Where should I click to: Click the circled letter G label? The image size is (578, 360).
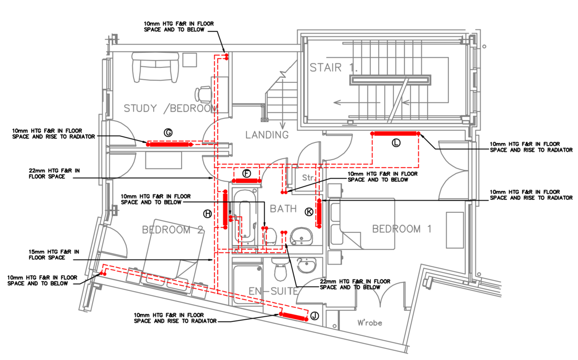coord(168,132)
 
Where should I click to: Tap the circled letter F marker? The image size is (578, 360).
coord(247,174)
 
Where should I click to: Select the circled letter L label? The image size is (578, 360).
coord(396,142)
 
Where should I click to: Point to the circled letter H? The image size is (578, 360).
coord(208,214)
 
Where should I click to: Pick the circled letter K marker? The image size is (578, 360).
coord(309,212)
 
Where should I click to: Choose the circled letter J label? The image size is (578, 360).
coord(314,316)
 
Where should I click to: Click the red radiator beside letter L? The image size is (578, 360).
coord(395,134)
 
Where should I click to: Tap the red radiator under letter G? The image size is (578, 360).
coord(169,144)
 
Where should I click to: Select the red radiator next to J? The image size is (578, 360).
coord(293,317)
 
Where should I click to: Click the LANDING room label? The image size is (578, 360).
coord(267,135)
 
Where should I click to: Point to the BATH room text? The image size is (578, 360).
coord(283,208)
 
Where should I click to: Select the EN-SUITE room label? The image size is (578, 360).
coord(273,291)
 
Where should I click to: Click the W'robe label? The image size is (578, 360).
coord(369,322)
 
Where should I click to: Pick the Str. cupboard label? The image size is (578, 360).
coord(309,178)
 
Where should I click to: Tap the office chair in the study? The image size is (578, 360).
coord(203,94)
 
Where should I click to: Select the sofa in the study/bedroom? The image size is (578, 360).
coord(156,67)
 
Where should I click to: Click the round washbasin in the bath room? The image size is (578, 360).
coord(302,236)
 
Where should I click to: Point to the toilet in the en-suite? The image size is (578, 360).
coord(281,270)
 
